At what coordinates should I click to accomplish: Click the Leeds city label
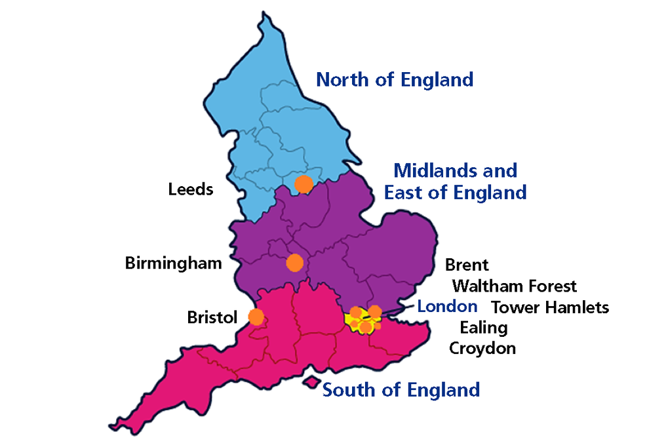click(x=191, y=189)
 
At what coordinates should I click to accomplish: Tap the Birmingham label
click(x=173, y=263)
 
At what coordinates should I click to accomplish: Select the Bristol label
click(x=211, y=318)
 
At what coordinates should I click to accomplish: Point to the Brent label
click(x=467, y=265)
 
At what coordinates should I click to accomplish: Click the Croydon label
click(x=482, y=348)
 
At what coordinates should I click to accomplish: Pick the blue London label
click(x=447, y=306)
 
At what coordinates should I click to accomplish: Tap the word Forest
click(x=552, y=286)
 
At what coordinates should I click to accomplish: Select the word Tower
click(x=513, y=307)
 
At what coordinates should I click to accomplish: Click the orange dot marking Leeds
click(x=303, y=184)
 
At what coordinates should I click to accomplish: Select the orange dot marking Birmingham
click(x=295, y=263)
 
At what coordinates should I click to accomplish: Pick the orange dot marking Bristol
click(x=256, y=317)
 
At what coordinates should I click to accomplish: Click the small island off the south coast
click(x=311, y=382)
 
